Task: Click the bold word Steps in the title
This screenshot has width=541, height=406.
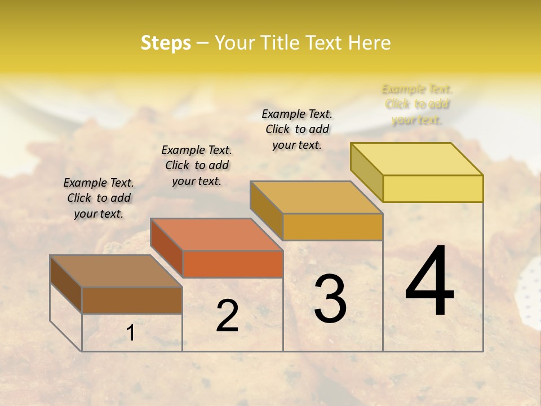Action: (166, 43)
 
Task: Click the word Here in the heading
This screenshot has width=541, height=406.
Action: (369, 43)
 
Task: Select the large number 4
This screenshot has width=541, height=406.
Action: (429, 282)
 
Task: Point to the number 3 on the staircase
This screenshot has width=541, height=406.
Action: (330, 299)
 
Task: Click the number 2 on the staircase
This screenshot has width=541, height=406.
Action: (227, 316)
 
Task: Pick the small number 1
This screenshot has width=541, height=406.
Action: (131, 333)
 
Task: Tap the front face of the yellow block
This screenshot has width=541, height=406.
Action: (433, 188)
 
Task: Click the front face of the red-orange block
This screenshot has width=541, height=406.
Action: (233, 264)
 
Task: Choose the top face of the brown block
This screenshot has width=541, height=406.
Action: (116, 271)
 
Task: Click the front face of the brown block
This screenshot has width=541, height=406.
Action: (132, 300)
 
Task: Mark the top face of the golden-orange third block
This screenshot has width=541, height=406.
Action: (316, 197)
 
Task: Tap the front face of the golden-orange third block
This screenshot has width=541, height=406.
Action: (332, 227)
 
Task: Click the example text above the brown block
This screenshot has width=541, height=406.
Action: (99, 198)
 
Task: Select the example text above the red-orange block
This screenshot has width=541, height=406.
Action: (197, 165)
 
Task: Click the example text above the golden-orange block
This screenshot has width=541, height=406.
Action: (297, 129)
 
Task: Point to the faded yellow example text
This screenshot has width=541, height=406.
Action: (417, 104)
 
